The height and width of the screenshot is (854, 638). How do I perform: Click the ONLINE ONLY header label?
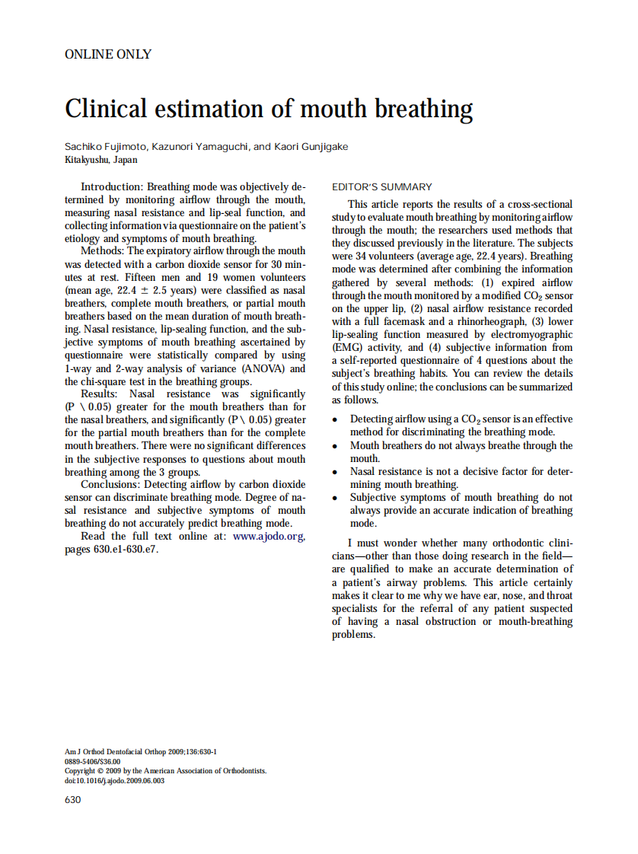tap(108, 55)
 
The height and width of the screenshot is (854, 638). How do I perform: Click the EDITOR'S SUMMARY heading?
tap(382, 187)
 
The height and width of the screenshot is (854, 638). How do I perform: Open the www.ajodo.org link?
tap(268, 537)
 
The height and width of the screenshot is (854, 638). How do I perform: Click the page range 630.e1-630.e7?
tap(111, 550)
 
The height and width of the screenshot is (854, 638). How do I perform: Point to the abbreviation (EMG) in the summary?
tap(348, 347)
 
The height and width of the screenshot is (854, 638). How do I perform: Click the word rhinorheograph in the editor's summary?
tap(484, 321)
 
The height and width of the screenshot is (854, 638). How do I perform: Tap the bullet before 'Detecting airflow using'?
tap(336, 420)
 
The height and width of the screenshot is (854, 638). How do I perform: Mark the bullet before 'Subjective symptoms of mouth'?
tap(336, 498)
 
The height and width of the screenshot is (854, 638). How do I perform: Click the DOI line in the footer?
tap(114, 780)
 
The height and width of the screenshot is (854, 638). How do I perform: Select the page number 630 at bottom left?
tap(73, 800)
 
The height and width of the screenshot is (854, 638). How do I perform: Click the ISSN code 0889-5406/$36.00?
tap(92, 761)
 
